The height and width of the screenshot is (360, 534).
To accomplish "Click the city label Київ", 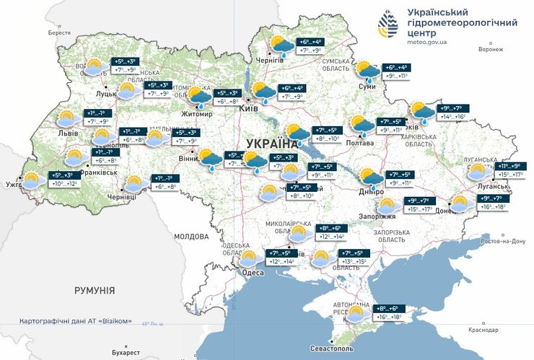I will pos(248,107).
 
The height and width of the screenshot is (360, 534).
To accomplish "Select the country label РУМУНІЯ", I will pos(95,290).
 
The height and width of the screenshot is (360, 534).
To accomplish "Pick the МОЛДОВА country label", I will pos(191,236).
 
